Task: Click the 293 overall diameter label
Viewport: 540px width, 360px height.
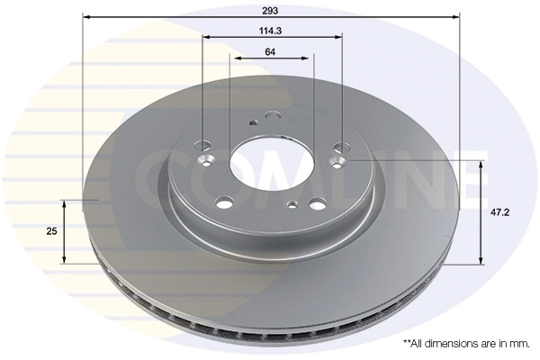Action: click(x=271, y=10)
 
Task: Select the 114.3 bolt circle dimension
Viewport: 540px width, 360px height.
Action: click(x=271, y=31)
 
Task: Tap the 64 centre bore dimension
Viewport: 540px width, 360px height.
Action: click(x=270, y=51)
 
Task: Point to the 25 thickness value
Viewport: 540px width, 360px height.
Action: click(x=51, y=231)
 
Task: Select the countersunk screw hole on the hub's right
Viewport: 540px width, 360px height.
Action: click(x=338, y=163)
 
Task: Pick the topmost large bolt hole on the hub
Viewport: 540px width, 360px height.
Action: click(x=273, y=115)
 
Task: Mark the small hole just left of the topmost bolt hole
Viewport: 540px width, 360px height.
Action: click(x=254, y=123)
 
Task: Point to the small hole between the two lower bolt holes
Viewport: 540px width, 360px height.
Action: click(x=291, y=204)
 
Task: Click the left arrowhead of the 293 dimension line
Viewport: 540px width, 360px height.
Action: click(x=86, y=16)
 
